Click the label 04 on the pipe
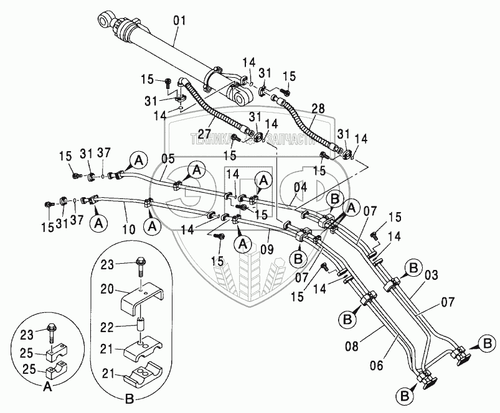point(300,187)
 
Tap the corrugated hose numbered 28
point(309,128)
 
